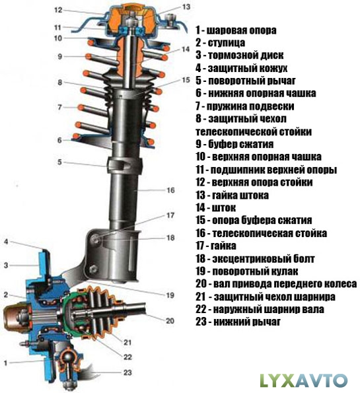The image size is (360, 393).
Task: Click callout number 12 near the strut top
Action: [x=58, y=10]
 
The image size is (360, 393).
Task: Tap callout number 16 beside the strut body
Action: [x=170, y=190]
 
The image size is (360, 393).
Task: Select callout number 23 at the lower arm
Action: [x=127, y=373]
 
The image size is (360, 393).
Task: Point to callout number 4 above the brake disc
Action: [x=6, y=242]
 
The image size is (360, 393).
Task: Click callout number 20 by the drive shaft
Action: [x=170, y=320]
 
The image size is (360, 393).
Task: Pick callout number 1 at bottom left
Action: [x=5, y=363]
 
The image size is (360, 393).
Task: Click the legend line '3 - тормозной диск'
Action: [x=239, y=55]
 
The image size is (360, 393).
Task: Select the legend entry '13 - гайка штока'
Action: [x=232, y=195]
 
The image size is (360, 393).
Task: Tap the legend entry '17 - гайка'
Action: [x=216, y=246]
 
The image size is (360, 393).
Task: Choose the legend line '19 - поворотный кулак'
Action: [x=246, y=271]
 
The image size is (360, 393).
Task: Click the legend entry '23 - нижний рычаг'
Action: [x=238, y=321]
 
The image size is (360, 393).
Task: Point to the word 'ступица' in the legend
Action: [x=227, y=43]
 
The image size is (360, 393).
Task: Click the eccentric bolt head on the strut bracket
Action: [x=96, y=238]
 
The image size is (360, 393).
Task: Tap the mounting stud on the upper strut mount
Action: [x=171, y=19]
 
